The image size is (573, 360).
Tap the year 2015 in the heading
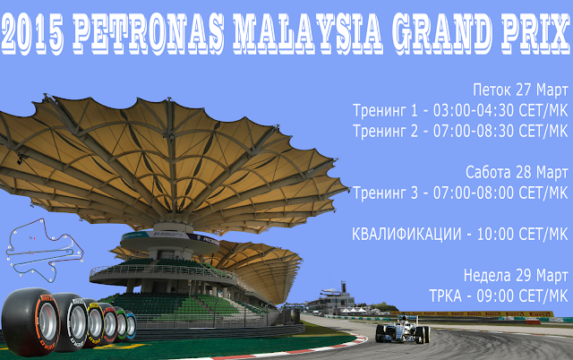(x=32, y=33)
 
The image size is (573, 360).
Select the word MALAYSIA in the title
(x=308, y=33)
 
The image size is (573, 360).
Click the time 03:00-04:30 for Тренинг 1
(x=474, y=110)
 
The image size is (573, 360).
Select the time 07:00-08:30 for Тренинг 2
(x=474, y=131)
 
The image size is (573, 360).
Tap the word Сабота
(x=488, y=172)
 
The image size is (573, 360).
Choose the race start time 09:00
(x=495, y=296)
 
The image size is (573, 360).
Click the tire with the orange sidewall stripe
(x=31, y=321)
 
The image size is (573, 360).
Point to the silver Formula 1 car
(x=403, y=330)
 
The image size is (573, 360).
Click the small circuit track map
(x=45, y=250)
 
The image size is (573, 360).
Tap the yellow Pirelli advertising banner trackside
(x=473, y=313)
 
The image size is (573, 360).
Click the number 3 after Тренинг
(x=414, y=193)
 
